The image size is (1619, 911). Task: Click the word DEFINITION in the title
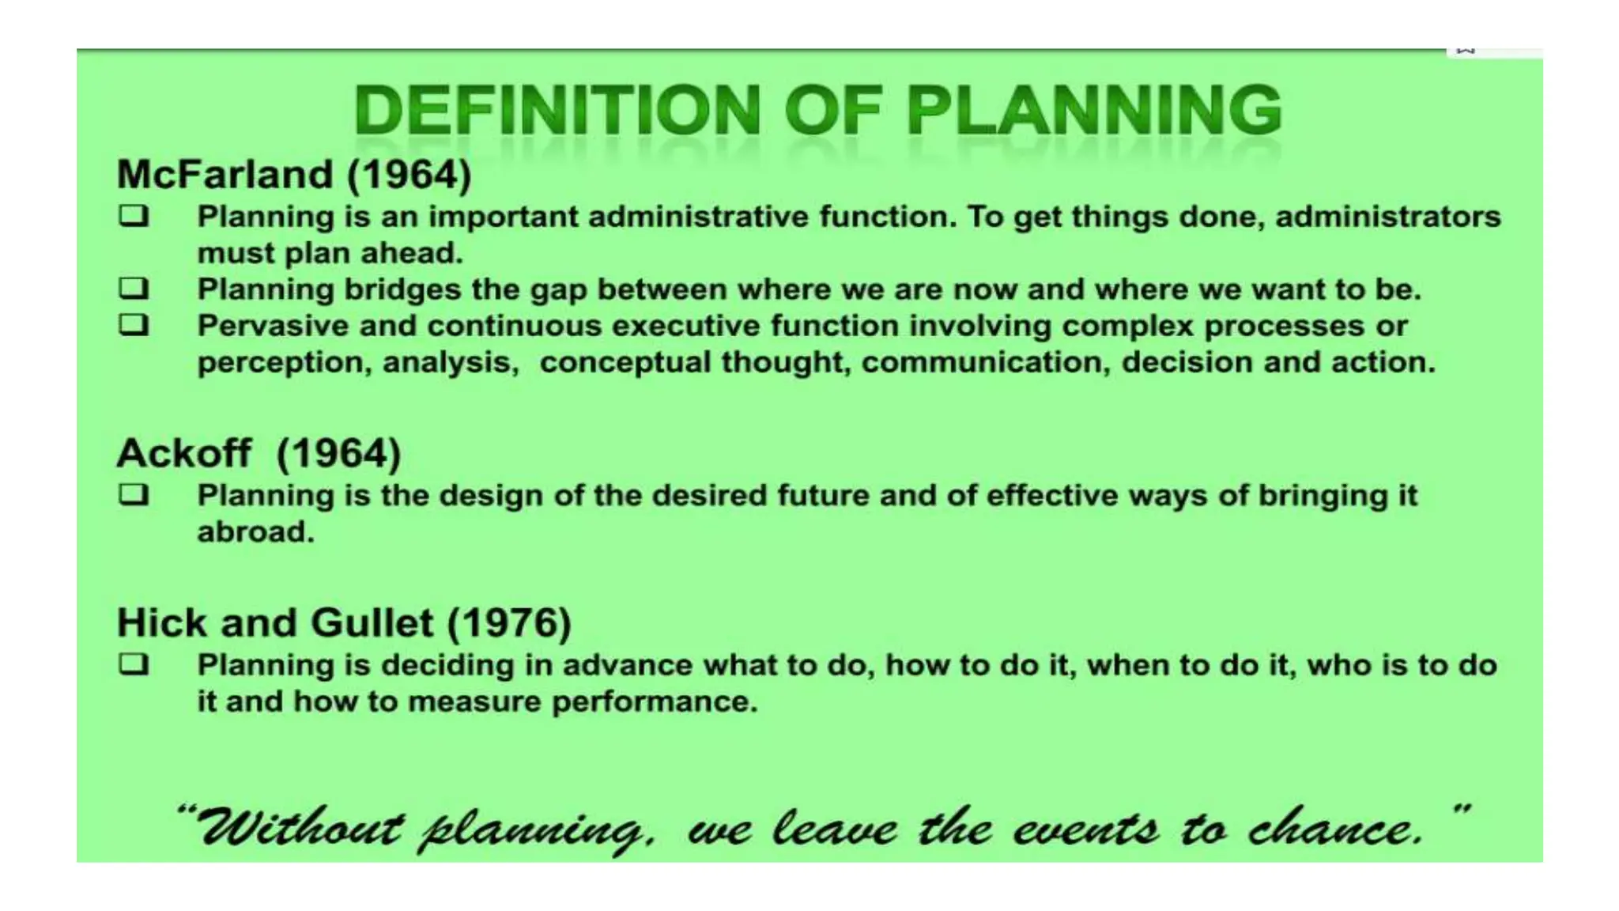point(557,110)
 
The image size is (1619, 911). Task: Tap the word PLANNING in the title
point(1093,110)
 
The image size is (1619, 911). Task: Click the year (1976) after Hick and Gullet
point(509,622)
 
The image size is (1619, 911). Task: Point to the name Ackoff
point(184,453)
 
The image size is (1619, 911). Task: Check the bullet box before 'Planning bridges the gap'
point(134,288)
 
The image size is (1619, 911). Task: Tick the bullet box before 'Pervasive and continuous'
point(134,324)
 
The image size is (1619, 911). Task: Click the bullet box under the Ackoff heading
point(134,494)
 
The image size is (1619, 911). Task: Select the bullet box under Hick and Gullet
point(134,663)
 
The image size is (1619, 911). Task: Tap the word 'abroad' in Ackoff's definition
point(255,531)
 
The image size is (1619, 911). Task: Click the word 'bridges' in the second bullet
point(402,289)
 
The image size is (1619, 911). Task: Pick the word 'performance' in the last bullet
point(655,701)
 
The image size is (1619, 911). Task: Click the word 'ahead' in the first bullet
point(411,253)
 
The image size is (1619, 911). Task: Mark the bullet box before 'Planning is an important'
point(134,215)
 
